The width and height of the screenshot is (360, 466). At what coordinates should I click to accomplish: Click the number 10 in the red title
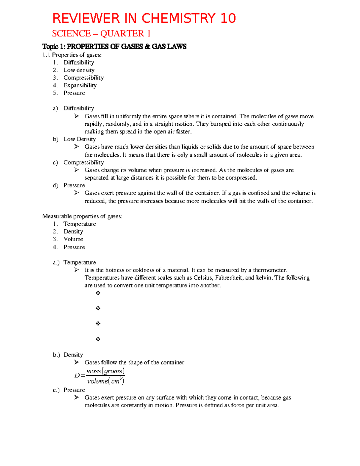point(228,18)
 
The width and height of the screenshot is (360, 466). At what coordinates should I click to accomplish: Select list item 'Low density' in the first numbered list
point(79,70)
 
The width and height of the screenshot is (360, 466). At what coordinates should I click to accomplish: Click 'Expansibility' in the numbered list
point(80,85)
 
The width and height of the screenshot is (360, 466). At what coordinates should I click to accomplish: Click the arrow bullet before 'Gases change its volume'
point(77,170)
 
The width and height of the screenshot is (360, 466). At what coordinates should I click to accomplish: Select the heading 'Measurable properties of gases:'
point(82,216)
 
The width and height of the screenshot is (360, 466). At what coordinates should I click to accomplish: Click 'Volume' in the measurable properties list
point(73,239)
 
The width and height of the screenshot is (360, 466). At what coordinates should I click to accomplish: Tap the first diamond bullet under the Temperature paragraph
point(98,293)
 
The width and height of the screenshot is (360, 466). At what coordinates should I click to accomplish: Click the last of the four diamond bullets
point(98,339)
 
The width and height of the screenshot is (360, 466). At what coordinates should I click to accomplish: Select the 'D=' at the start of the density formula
point(80,375)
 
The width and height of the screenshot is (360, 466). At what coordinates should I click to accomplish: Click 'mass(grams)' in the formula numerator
point(105,371)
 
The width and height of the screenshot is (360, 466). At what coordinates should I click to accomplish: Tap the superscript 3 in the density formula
point(121,379)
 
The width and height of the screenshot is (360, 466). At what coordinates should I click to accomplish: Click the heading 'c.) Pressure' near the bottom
point(69,390)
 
